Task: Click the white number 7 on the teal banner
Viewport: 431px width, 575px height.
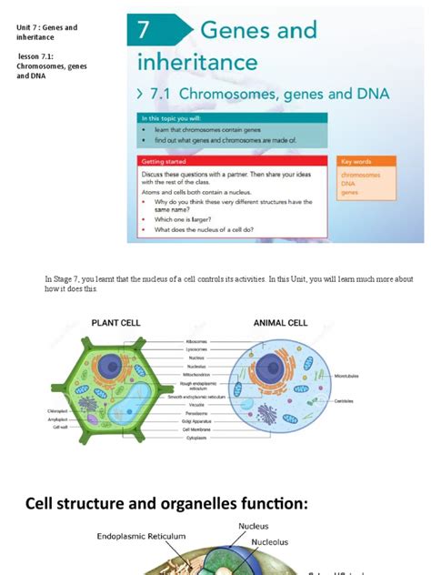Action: click(144, 32)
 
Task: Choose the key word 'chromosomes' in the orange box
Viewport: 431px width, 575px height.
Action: click(360, 174)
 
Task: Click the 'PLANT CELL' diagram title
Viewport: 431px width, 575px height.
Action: click(115, 322)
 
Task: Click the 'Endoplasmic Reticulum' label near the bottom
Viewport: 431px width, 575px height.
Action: click(141, 537)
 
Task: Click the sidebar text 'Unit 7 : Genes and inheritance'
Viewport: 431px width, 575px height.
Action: click(47, 33)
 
